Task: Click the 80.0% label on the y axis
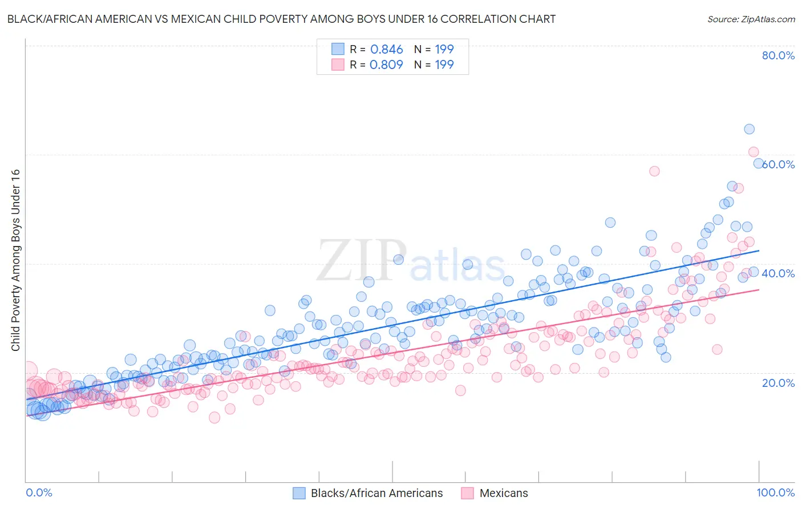pos(778,55)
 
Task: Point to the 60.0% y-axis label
pos(779,164)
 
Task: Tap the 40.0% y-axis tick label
pos(778,273)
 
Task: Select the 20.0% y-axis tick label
pos(778,382)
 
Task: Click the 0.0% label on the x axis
pos(39,492)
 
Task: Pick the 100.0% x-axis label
pos(775,492)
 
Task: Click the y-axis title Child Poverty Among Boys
pos(15,260)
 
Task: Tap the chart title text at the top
pos(281,19)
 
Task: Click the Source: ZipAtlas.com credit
pos(751,19)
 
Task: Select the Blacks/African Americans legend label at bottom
pos(376,493)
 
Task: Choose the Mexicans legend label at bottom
pos(504,493)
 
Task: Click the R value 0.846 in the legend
pos(386,50)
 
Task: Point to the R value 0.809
pos(386,64)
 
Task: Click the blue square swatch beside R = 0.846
pos(338,49)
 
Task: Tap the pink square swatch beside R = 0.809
pos(338,64)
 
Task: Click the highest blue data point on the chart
pos(749,129)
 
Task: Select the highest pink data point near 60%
pos(753,152)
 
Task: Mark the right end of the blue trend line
pos(759,251)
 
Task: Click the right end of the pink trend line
pos(759,290)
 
